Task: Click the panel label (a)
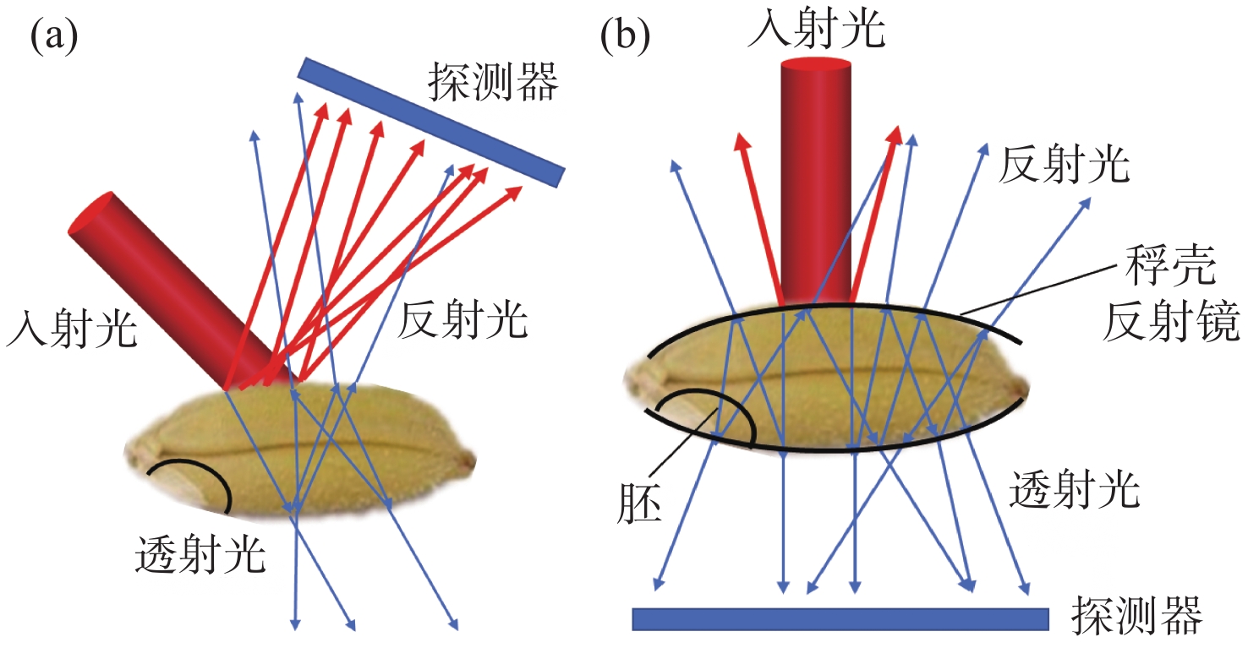pos(54,38)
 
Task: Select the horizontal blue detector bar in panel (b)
pos(840,618)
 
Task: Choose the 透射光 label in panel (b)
pos(1075,489)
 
